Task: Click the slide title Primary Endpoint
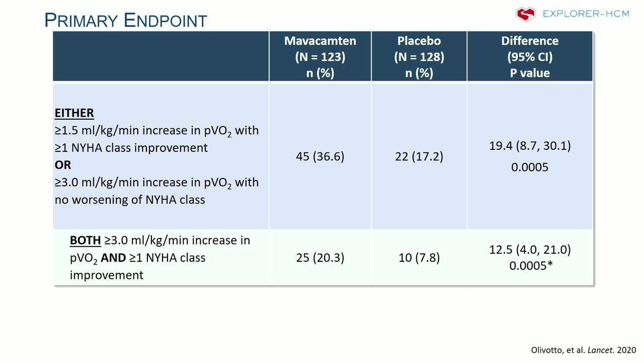(126, 20)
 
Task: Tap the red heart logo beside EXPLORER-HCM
(526, 14)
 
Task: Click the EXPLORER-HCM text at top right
(586, 14)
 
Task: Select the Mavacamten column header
(320, 57)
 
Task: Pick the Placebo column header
(419, 57)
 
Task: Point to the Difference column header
(530, 57)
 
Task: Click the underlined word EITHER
(74, 113)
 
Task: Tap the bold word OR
(63, 165)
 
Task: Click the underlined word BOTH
(85, 240)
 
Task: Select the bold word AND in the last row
(113, 258)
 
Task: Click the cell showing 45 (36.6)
(320, 156)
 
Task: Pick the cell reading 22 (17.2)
(419, 156)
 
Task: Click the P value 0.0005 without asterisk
(530, 167)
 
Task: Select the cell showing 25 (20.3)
(320, 258)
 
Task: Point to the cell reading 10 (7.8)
(419, 258)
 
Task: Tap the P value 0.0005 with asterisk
(531, 266)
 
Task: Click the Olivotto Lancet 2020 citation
(583, 350)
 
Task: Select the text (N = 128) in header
(419, 57)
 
